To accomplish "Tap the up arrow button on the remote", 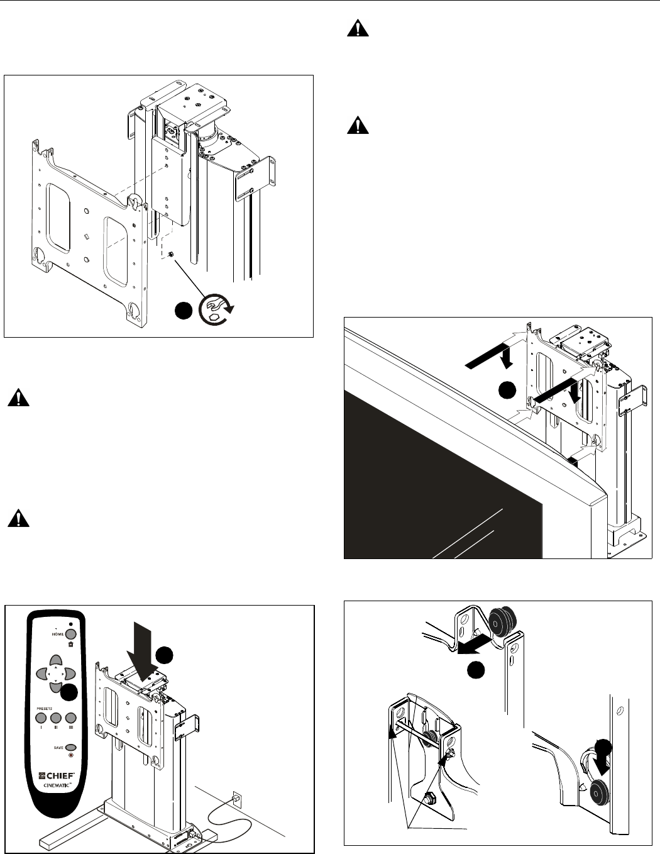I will coord(56,660).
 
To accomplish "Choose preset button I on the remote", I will coord(41,718).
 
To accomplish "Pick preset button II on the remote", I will coord(56,718).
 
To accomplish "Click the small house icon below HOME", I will coord(70,644).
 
